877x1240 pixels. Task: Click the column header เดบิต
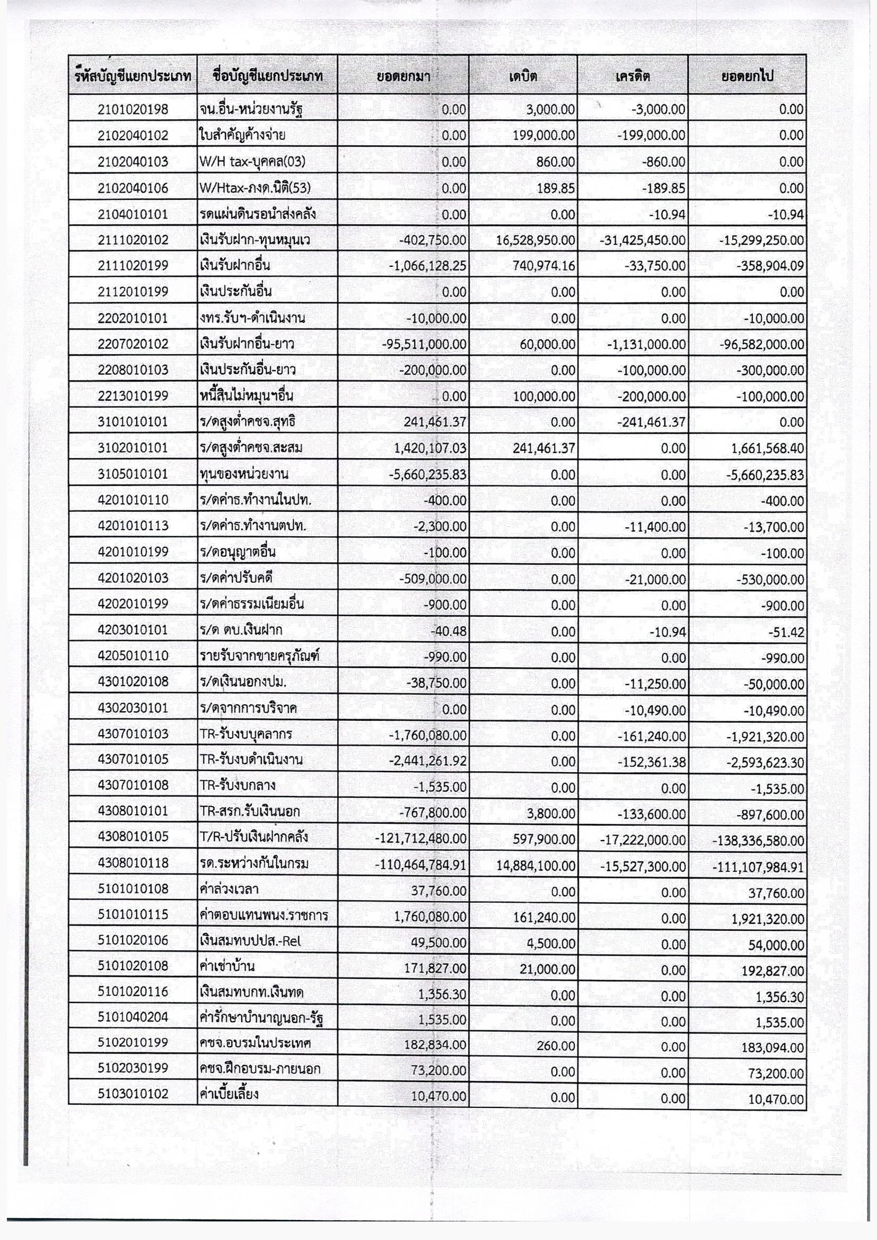point(523,76)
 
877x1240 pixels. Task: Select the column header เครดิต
point(633,76)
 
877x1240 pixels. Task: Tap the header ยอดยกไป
point(747,76)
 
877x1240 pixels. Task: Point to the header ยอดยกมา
point(403,76)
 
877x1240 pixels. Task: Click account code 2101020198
point(133,110)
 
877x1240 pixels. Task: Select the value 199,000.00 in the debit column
point(544,136)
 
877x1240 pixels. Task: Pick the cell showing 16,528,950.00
point(535,240)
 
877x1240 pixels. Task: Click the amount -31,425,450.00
point(642,240)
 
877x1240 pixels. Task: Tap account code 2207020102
point(133,344)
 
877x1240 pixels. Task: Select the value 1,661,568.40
point(768,449)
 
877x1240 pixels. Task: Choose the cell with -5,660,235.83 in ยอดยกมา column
point(427,474)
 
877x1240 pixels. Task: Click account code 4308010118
point(133,863)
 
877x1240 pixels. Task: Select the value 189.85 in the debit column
point(556,188)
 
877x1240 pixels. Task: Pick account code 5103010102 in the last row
point(133,1094)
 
